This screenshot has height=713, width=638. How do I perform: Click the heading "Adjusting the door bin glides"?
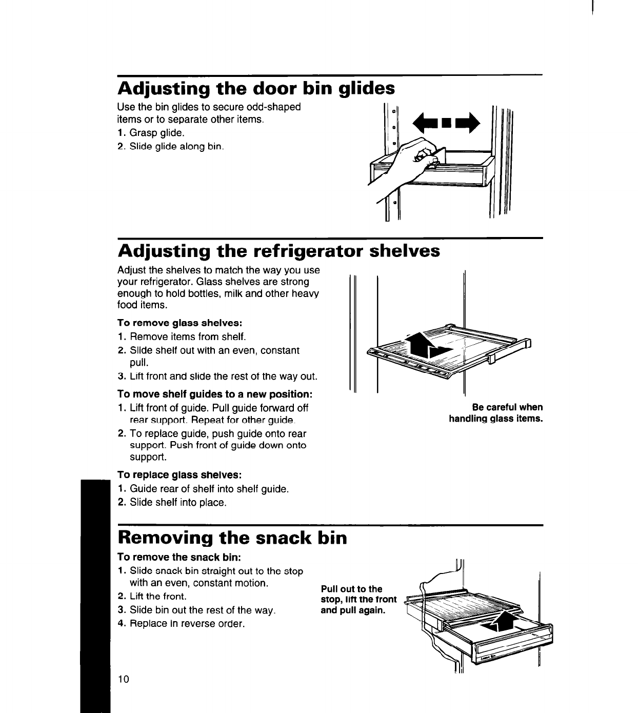pyautogui.click(x=256, y=89)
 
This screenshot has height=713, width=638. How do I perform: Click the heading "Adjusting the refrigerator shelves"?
pyautogui.click(x=278, y=251)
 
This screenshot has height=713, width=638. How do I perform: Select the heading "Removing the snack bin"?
pyautogui.click(x=232, y=538)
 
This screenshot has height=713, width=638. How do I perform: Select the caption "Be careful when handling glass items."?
pyautogui.click(x=495, y=413)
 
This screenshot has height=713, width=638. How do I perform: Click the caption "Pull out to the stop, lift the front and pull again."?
pyautogui.click(x=358, y=600)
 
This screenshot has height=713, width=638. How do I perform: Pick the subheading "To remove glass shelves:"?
pyautogui.click(x=180, y=323)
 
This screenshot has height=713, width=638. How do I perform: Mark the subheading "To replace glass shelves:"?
pyautogui.click(x=180, y=474)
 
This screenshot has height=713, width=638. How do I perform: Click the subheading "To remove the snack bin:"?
pyautogui.click(x=179, y=557)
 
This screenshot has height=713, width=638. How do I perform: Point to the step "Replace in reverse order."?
pyautogui.click(x=187, y=624)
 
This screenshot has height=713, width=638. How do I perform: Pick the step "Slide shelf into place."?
pyautogui.click(x=177, y=502)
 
